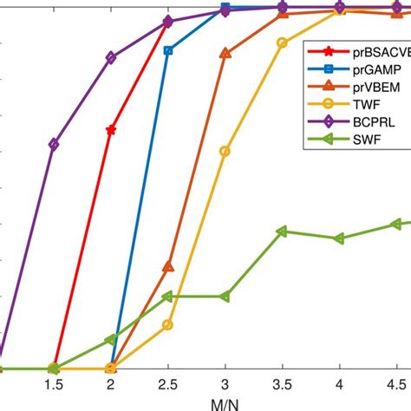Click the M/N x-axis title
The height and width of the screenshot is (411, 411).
(x=225, y=404)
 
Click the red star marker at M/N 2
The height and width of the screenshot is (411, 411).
(x=111, y=130)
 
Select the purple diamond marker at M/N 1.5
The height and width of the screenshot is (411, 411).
(x=54, y=145)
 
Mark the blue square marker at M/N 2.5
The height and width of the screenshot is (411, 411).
(x=168, y=50)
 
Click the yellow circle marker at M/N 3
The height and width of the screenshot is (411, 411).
(x=225, y=151)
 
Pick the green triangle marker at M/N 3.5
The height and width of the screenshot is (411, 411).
(x=282, y=232)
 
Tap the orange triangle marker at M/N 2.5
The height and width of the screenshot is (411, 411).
(x=168, y=266)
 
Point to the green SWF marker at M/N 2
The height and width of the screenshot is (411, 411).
(x=111, y=340)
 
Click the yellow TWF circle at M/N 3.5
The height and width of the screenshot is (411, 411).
(x=282, y=42)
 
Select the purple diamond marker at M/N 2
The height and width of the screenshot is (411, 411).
(x=111, y=57)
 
